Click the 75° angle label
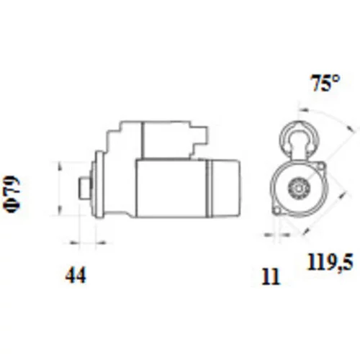[x=325, y=83]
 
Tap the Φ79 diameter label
[x=12, y=194]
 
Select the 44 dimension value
[x=76, y=275]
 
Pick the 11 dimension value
[x=271, y=276]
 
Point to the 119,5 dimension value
[x=330, y=262]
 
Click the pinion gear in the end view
[x=299, y=188]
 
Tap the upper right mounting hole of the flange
[x=321, y=166]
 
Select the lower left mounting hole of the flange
[x=277, y=211]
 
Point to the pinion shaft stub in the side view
[x=85, y=188]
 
